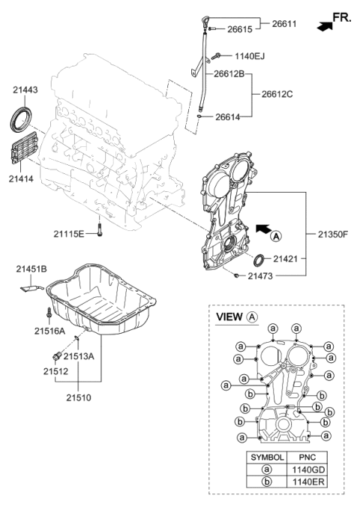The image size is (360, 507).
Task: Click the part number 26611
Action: click(284, 24)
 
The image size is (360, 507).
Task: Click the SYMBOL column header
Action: click(266, 456)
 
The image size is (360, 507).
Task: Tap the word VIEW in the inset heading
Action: click(229, 317)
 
